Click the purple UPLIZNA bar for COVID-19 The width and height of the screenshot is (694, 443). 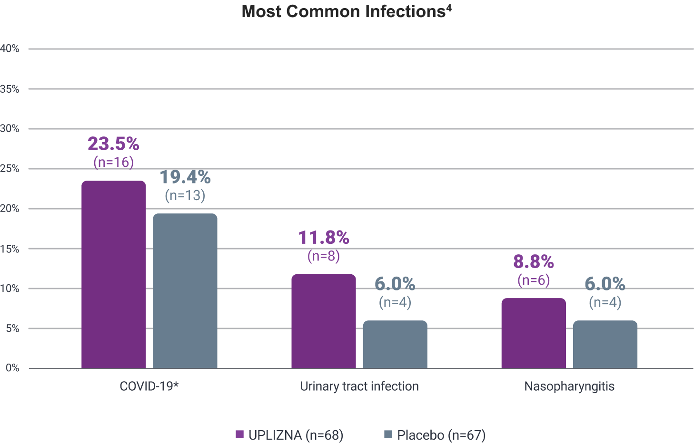[x=113, y=274]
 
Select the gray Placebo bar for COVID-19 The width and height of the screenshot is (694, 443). [x=185, y=290]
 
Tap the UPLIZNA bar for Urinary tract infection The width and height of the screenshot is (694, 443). [x=323, y=321]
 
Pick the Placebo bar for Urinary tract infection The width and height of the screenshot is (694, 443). [x=395, y=344]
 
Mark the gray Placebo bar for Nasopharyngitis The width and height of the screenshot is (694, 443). [x=605, y=344]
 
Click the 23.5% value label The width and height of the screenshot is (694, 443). [x=113, y=144]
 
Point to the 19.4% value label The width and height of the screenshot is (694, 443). [x=185, y=177]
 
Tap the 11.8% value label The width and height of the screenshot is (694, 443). [x=323, y=238]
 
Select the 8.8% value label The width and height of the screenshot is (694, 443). [x=533, y=262]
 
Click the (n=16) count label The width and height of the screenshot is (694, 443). [x=113, y=163]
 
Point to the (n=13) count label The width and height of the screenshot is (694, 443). [x=185, y=195]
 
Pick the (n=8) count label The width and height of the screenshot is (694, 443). [x=323, y=256]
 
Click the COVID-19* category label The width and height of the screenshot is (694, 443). [x=149, y=386]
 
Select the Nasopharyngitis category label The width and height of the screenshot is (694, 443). [x=569, y=386]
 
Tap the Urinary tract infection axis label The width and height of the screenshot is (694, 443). [x=359, y=386]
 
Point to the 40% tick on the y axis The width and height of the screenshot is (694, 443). [x=10, y=48]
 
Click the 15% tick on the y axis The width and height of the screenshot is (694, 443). [x=10, y=249]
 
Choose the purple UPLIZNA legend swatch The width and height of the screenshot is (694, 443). [x=240, y=434]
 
